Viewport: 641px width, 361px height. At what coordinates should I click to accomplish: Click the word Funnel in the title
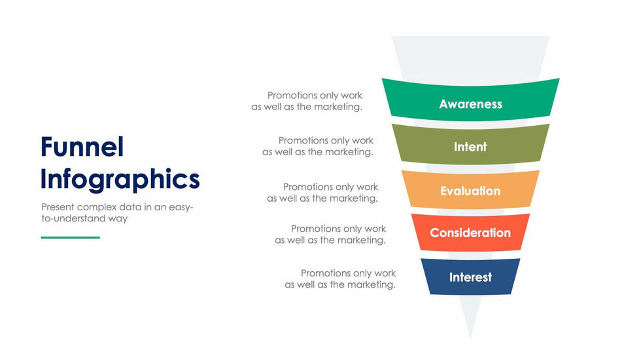pyautogui.click(x=82, y=147)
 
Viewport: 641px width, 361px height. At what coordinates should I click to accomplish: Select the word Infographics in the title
pyautogui.click(x=120, y=180)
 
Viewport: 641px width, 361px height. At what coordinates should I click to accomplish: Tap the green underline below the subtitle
pyautogui.click(x=71, y=237)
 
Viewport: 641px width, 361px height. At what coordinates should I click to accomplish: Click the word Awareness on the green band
pyautogui.click(x=470, y=104)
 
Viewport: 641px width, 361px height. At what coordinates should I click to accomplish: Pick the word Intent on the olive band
pyautogui.click(x=470, y=147)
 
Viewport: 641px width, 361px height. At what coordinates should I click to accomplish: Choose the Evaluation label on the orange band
pyautogui.click(x=470, y=191)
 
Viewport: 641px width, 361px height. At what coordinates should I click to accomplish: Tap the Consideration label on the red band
pyautogui.click(x=470, y=233)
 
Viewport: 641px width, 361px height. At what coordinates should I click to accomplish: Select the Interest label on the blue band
pyautogui.click(x=470, y=277)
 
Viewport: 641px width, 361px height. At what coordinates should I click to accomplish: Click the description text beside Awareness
pyautogui.click(x=307, y=101)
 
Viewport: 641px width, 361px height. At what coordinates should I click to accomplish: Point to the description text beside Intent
pyautogui.click(x=318, y=146)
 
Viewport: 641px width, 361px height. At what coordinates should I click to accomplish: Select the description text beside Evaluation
pyautogui.click(x=322, y=193)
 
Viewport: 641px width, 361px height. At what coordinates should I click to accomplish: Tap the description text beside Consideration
pyautogui.click(x=330, y=235)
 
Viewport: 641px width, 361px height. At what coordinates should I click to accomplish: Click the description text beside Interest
pyautogui.click(x=340, y=278)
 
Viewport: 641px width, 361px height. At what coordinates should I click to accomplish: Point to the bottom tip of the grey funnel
pyautogui.click(x=470, y=339)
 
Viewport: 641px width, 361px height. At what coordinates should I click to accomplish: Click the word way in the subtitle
pyautogui.click(x=118, y=219)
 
